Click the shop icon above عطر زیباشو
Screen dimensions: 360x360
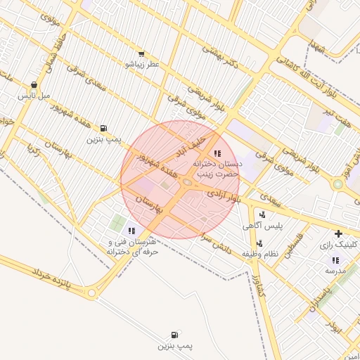(141, 54)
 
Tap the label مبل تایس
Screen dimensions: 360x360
(34, 94)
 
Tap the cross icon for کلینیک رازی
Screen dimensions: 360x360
(338, 233)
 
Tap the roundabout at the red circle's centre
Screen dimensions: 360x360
(187, 182)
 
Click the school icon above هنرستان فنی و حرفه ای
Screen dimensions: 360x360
(131, 231)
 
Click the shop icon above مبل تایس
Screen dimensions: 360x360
(34, 84)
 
